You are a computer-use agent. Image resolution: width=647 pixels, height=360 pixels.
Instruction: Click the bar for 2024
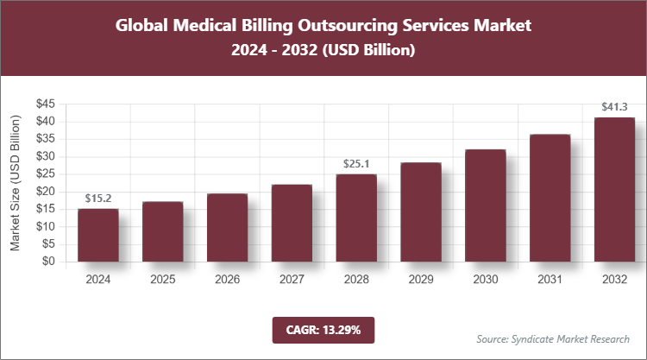(x=97, y=235)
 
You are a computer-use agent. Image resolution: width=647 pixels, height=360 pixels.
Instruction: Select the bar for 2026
(x=227, y=227)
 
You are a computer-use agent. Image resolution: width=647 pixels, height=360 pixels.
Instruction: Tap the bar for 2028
(x=356, y=218)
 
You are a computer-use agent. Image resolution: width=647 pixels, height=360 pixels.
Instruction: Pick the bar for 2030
(x=486, y=205)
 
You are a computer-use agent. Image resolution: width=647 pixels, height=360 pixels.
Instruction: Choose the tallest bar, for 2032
(x=614, y=189)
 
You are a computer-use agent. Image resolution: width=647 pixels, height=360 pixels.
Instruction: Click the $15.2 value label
(x=97, y=199)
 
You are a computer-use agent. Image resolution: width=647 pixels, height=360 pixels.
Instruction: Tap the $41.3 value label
(x=614, y=108)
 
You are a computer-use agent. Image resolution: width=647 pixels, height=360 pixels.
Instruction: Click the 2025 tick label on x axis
(x=162, y=279)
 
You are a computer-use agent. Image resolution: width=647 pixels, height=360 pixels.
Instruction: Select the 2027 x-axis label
(x=292, y=279)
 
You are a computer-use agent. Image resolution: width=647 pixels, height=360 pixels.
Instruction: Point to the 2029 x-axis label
(x=421, y=279)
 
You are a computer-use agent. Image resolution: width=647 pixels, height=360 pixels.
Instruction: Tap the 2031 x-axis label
(x=550, y=279)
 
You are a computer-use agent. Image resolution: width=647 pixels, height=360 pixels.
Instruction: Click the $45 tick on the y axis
(x=46, y=104)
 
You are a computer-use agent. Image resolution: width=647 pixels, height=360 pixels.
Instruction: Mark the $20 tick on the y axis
(x=46, y=192)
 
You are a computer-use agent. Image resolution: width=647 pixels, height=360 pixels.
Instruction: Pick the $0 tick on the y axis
(x=49, y=262)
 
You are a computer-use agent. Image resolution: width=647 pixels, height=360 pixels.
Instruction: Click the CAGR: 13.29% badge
(x=323, y=329)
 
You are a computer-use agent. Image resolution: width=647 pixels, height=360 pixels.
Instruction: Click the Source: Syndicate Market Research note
(x=553, y=338)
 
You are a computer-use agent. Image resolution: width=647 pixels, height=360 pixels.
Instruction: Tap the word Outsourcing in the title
(x=349, y=25)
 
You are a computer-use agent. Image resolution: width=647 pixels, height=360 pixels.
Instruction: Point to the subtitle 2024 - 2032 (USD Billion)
(x=323, y=51)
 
